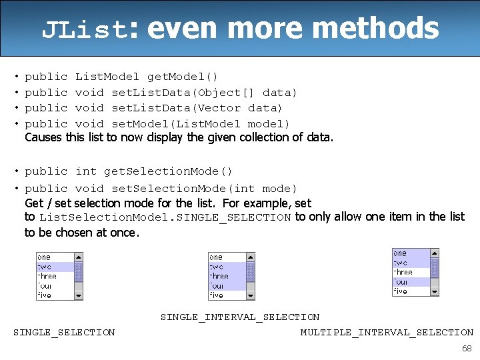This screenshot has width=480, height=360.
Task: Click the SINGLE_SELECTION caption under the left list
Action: [x=64, y=332]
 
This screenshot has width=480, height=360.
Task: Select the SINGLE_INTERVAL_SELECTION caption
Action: [x=240, y=317]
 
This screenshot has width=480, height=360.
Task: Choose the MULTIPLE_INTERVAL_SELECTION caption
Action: [x=387, y=332]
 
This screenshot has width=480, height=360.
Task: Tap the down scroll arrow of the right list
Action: [x=435, y=291]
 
